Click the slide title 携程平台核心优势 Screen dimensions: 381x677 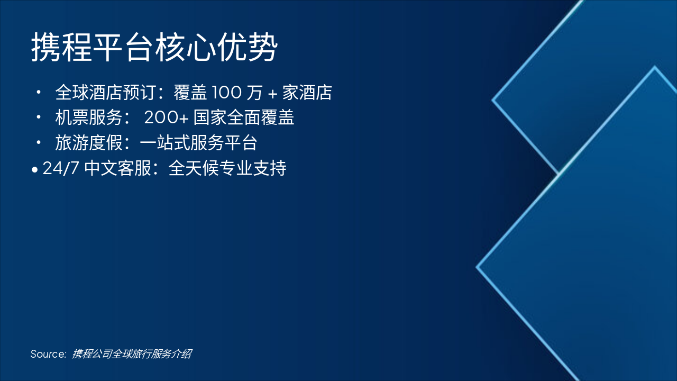154,48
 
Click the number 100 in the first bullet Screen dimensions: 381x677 227,93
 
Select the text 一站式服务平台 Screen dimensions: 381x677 198,143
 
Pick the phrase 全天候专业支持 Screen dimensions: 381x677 227,168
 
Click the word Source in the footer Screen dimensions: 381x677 48,354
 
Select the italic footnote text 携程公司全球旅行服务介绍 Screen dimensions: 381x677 132,354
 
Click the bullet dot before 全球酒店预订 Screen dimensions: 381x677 39,93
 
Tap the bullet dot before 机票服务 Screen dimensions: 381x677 39,117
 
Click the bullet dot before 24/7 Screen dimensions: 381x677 35,170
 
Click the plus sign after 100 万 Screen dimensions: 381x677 272,94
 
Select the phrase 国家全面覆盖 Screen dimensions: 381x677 244,117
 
